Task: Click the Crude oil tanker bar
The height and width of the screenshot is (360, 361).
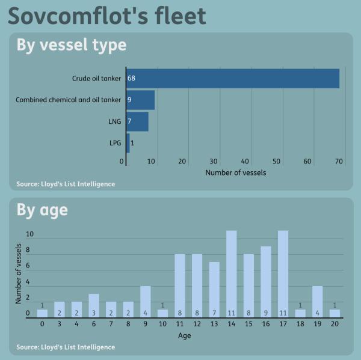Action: point(233,79)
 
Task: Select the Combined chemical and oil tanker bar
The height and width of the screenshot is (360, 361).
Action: point(141,100)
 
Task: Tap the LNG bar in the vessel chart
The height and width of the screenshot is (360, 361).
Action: point(137,121)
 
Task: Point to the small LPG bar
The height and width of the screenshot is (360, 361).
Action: point(128,143)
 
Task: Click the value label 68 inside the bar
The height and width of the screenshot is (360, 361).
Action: point(131,79)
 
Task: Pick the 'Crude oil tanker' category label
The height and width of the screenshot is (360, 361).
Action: point(96,79)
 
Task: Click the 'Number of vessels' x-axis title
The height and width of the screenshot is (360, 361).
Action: point(236,172)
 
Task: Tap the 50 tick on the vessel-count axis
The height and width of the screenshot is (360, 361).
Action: point(277,161)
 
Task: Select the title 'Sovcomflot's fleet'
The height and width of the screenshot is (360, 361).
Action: point(107,16)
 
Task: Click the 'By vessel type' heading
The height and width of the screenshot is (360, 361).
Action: point(71,45)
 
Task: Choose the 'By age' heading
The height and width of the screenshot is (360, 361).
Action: point(42,210)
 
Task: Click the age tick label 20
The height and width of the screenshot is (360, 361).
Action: point(335,324)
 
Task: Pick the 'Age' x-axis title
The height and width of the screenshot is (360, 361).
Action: point(185,335)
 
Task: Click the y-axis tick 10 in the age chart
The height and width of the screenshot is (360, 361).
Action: point(28,234)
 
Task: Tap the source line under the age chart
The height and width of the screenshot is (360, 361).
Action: point(66,347)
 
